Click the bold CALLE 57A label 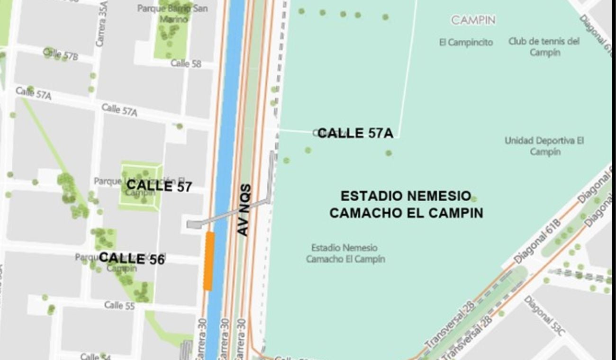pos(355,134)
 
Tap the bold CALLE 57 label pos(159,186)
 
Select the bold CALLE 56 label pos(131,258)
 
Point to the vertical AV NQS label pos(243,210)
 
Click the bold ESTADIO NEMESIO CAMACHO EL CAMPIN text pos(406,205)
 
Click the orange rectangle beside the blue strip pos(208,261)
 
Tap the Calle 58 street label pos(186,63)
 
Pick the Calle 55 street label pos(119,305)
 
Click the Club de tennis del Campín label pos(544,46)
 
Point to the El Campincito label pos(466,43)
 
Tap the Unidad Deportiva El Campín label pos(544,146)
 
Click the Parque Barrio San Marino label pos(172,13)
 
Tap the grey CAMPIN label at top pos(473,20)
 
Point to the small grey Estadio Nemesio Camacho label pos(345,253)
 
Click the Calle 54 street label pos(95,356)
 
